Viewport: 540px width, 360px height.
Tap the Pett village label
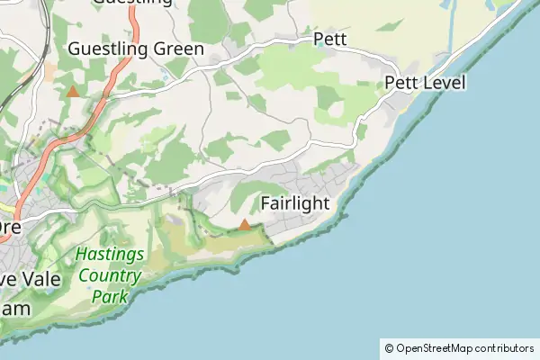329,39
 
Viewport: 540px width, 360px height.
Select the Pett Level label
425,83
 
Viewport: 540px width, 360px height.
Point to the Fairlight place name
294,203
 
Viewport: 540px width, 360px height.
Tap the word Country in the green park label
110,276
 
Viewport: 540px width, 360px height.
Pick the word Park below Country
110,296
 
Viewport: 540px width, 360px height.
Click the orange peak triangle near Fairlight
244,224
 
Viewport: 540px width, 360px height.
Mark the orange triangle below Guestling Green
73,91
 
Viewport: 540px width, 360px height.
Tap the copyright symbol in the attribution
389,348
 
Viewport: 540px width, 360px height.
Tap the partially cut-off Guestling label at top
132,3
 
